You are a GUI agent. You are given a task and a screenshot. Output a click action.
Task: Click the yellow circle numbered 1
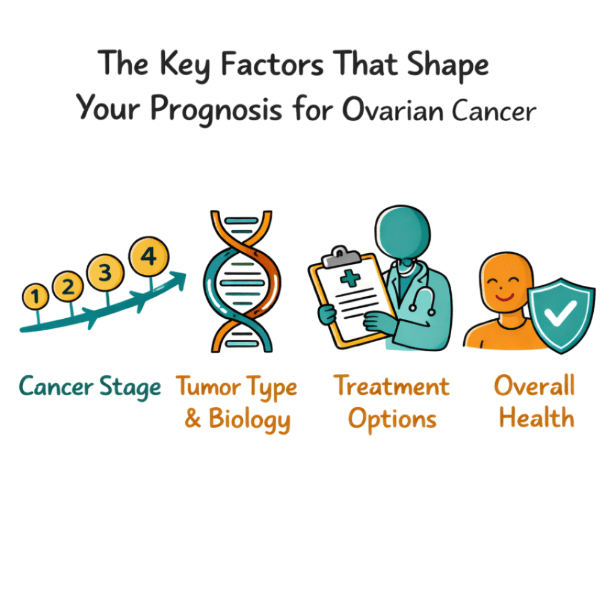click(x=36, y=295)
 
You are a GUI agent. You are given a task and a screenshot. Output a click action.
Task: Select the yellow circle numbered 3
click(x=105, y=273)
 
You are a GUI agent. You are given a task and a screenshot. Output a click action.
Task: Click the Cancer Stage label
click(x=90, y=387)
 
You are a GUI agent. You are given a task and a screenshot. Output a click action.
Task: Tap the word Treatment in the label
click(x=392, y=386)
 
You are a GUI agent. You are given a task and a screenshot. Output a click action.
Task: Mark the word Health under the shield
click(x=536, y=418)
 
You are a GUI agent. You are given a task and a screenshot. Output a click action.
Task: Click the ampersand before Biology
click(x=192, y=419)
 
